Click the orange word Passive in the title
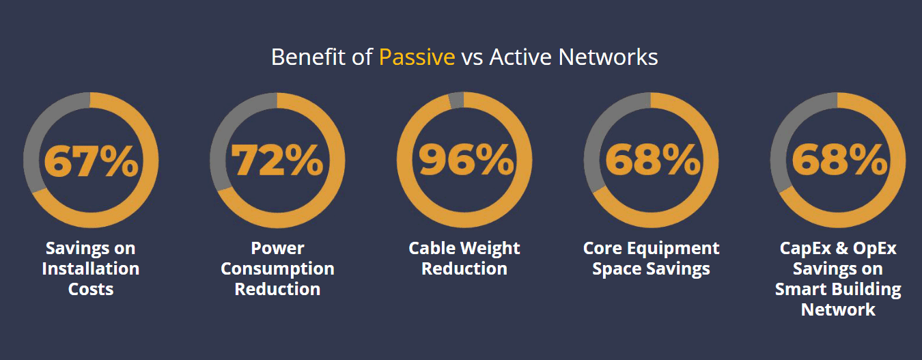tap(417, 57)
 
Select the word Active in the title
tap(520, 57)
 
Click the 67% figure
tap(91, 161)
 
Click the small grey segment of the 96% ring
tap(456, 100)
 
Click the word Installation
tap(91, 268)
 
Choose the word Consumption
tap(277, 269)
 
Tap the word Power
tap(277, 248)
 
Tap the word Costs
tap(91, 289)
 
